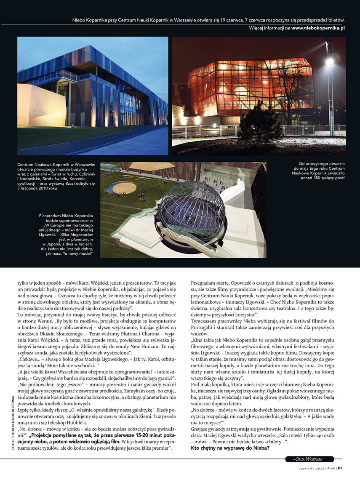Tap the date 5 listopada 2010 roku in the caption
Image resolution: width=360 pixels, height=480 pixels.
pos(41,188)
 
